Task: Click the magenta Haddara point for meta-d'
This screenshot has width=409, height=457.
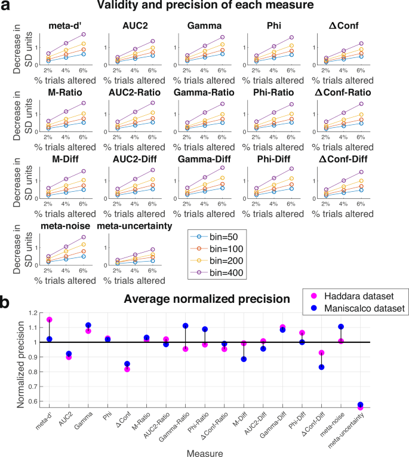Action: (50, 320)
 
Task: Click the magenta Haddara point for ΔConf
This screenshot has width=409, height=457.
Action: (127, 369)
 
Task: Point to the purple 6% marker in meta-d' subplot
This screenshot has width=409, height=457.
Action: (84, 35)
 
